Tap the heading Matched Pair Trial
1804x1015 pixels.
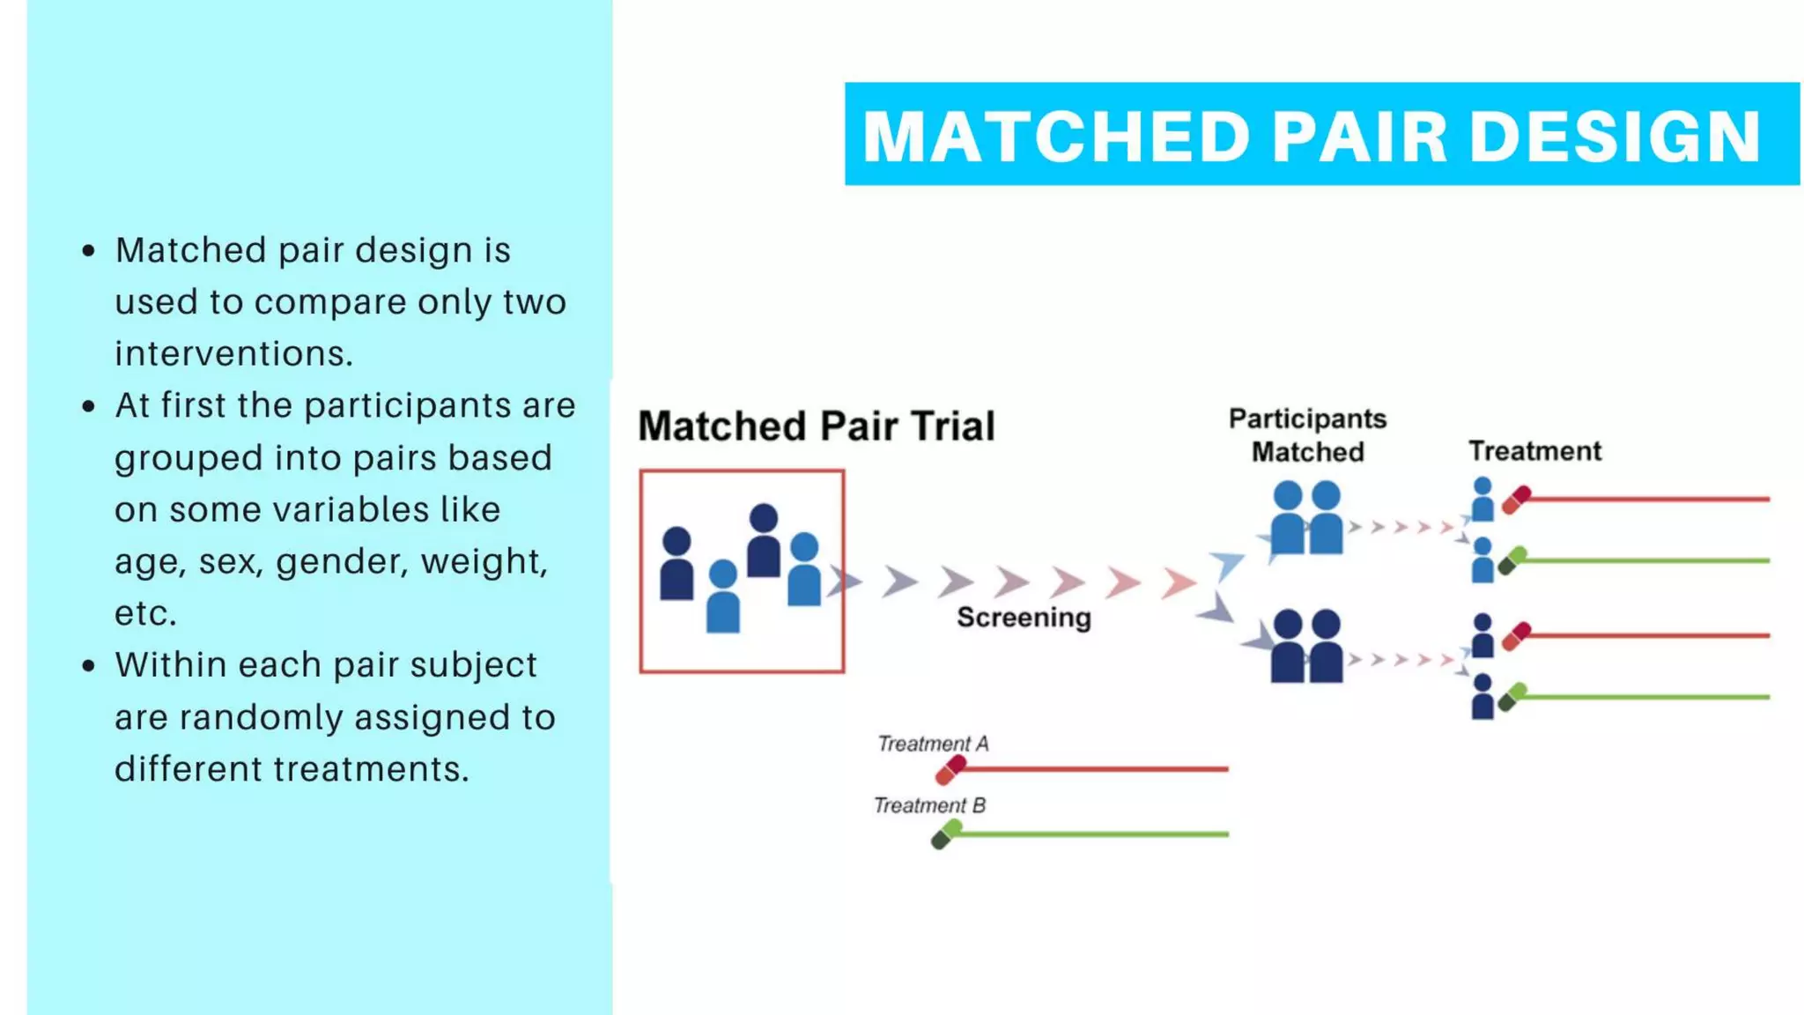[816, 426]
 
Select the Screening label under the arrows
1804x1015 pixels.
[1024, 618]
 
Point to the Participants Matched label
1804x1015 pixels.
[1307, 435]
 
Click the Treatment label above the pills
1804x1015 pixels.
[1534, 451]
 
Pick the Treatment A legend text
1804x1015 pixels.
[933, 744]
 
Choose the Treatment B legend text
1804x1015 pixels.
[929, 805]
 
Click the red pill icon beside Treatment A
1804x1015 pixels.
[950, 770]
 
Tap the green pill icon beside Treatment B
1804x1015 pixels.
[946, 834]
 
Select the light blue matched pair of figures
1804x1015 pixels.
[1306, 518]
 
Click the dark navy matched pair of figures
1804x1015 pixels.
[1306, 647]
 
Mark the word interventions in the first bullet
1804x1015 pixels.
[233, 354]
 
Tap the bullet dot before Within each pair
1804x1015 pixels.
[88, 665]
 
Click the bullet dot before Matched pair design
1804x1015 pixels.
[88, 251]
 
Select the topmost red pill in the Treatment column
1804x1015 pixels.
[1516, 500]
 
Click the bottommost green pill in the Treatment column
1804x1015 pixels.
[1512, 697]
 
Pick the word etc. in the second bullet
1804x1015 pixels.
[145, 613]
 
